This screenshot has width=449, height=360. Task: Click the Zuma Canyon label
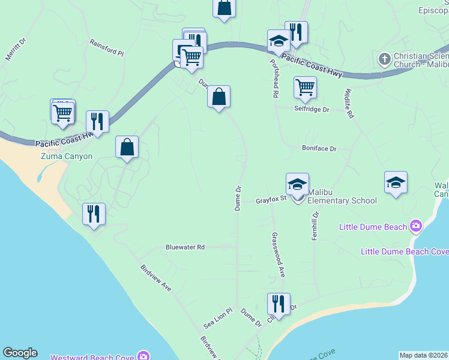point(67,157)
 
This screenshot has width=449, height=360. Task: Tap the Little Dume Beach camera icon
point(415,226)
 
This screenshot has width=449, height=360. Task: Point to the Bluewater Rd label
point(185,247)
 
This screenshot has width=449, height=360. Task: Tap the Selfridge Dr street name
point(312,110)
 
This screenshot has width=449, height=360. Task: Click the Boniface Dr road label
point(319,148)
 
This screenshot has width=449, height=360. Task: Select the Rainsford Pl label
point(106,47)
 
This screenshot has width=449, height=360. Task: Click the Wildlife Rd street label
point(348,103)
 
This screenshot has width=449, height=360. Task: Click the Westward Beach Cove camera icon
point(143,356)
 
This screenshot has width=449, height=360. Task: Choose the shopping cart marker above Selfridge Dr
point(305,88)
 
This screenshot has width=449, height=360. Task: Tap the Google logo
point(19,353)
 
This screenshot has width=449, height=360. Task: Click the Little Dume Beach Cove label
point(403,251)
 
